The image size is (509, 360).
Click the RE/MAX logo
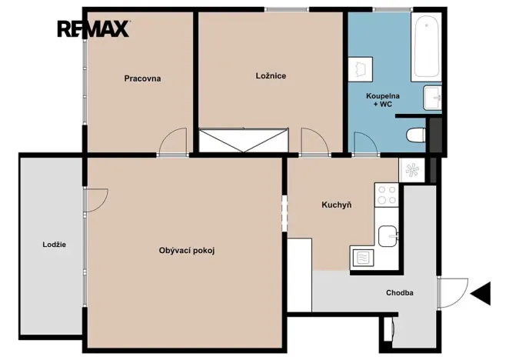tap(94, 29)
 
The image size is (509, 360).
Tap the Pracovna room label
tap(142, 78)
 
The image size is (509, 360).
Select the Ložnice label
tap(271, 76)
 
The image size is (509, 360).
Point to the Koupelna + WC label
tap(383, 100)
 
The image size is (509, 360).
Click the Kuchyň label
tap(336, 205)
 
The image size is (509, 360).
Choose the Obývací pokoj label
tap(187, 251)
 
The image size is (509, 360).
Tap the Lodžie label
tap(55, 245)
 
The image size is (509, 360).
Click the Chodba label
tap(400, 293)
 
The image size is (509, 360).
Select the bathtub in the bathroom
tap(426, 47)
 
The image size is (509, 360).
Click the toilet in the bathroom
tap(416, 135)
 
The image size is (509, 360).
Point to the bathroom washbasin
tap(432, 98)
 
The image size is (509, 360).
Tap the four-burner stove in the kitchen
tap(387, 195)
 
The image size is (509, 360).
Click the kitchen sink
tap(388, 236)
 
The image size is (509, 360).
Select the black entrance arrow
tap(481, 293)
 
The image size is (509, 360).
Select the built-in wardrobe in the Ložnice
tap(244, 141)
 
